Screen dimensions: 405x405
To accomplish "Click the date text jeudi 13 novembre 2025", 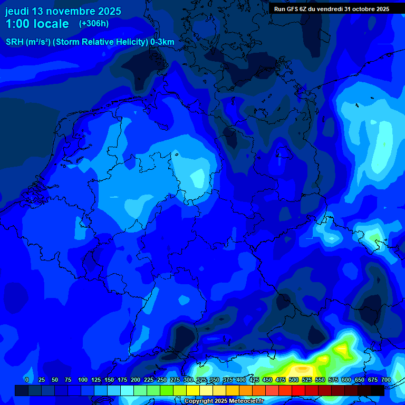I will tap(63, 11).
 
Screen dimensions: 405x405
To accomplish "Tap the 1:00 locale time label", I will tap(37, 24).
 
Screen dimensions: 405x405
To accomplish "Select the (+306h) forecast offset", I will tap(93, 24).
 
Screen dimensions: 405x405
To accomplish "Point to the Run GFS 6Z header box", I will tap(332, 9).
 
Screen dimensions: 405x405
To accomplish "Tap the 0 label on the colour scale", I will tap(27, 380).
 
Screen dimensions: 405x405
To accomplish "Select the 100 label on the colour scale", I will tap(83, 380).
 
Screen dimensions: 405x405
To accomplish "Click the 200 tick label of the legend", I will tap(136, 380).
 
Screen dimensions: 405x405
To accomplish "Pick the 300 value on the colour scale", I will tap(188, 380).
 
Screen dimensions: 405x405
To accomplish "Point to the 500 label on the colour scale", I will tap(294, 380).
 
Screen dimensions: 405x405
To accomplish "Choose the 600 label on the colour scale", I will tap(346, 380).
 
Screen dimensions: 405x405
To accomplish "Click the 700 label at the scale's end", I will tap(385, 380).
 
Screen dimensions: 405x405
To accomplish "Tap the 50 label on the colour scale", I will tap(55, 380).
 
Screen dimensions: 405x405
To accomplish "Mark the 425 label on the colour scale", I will tap(254, 380).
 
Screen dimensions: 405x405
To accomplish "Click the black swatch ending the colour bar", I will tap(378, 390).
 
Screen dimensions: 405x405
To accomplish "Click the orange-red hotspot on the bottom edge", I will tap(302, 369).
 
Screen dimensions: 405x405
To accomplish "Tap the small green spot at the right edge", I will tap(376, 240).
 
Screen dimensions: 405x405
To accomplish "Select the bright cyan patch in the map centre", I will tap(198, 178).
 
